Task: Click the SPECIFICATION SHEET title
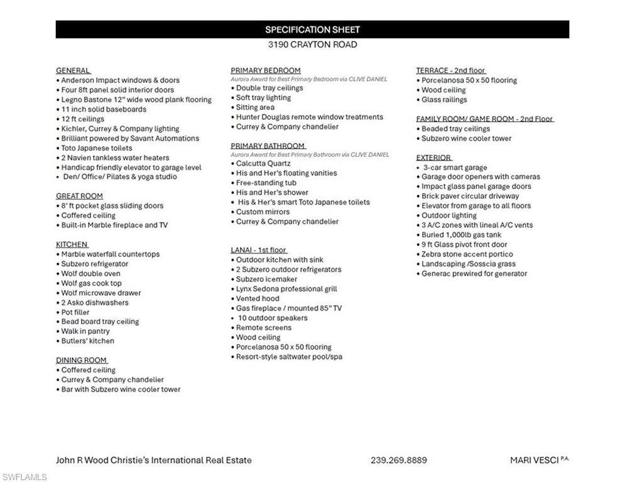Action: pyautogui.click(x=312, y=29)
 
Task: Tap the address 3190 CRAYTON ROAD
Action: pyautogui.click(x=312, y=45)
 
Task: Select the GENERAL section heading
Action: pyautogui.click(x=73, y=70)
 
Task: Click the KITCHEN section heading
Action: pyautogui.click(x=72, y=244)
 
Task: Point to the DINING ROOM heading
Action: pyautogui.click(x=82, y=360)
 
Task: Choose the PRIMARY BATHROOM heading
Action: pyautogui.click(x=268, y=146)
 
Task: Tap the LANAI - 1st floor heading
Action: pyautogui.click(x=259, y=250)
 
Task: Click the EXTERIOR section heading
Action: pyautogui.click(x=433, y=158)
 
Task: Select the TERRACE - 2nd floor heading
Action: pyautogui.click(x=450, y=70)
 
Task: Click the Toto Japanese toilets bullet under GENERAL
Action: pyautogui.click(x=97, y=148)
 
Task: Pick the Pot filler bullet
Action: pyautogui.click(x=75, y=312)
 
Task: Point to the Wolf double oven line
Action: pyautogui.click(x=90, y=274)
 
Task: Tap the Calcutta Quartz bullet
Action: pyautogui.click(x=263, y=163)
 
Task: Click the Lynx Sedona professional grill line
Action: pyautogui.click(x=286, y=289)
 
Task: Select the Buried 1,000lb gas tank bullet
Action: pyautogui.click(x=461, y=235)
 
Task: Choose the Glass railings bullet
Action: pyautogui.click(x=444, y=99)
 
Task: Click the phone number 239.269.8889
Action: pyautogui.click(x=398, y=460)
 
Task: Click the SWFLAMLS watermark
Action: pyautogui.click(x=24, y=477)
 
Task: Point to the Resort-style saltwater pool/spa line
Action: pyautogui.click(x=289, y=356)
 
